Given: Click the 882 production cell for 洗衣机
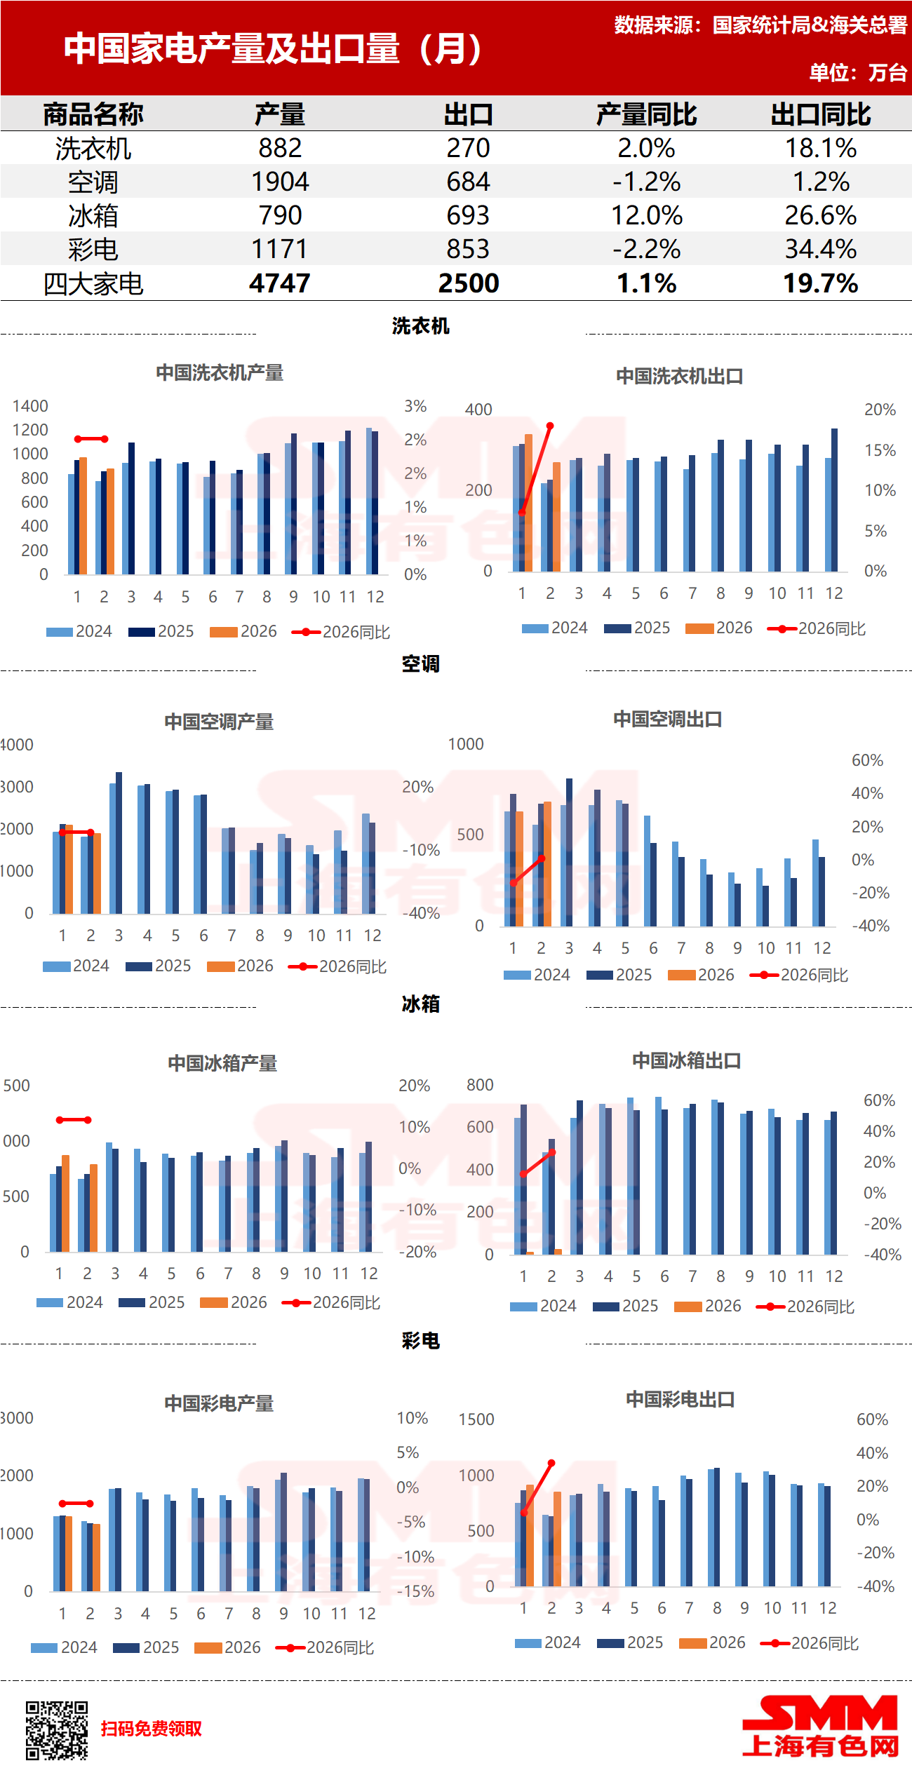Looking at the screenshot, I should pos(280,148).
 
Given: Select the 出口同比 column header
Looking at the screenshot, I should pos(820,114).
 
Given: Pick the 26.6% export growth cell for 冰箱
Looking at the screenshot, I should pos(820,215).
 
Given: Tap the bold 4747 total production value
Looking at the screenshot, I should pos(279,283).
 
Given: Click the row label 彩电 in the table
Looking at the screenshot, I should pos(93,250).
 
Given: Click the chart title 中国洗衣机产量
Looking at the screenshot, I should pos(220,372).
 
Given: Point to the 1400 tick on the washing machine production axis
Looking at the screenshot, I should pos(30,406).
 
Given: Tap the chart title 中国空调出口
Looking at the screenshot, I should pos(667,719).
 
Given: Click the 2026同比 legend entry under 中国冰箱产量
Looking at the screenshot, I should pos(331,1302).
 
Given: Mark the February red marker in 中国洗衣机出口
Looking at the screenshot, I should pos(550,426).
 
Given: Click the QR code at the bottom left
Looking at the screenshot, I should pos(57,1730).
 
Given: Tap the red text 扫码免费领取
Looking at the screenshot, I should pos(151,1729).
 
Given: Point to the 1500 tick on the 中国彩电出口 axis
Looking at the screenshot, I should pos(476,1419).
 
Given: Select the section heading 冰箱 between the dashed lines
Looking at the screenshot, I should pos(420,1004).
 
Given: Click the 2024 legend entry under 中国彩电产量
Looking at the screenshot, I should pos(64,1647).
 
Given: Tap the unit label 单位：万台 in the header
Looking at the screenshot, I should pos(858,72).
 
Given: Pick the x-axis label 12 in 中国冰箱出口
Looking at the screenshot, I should pos(833,1276).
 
